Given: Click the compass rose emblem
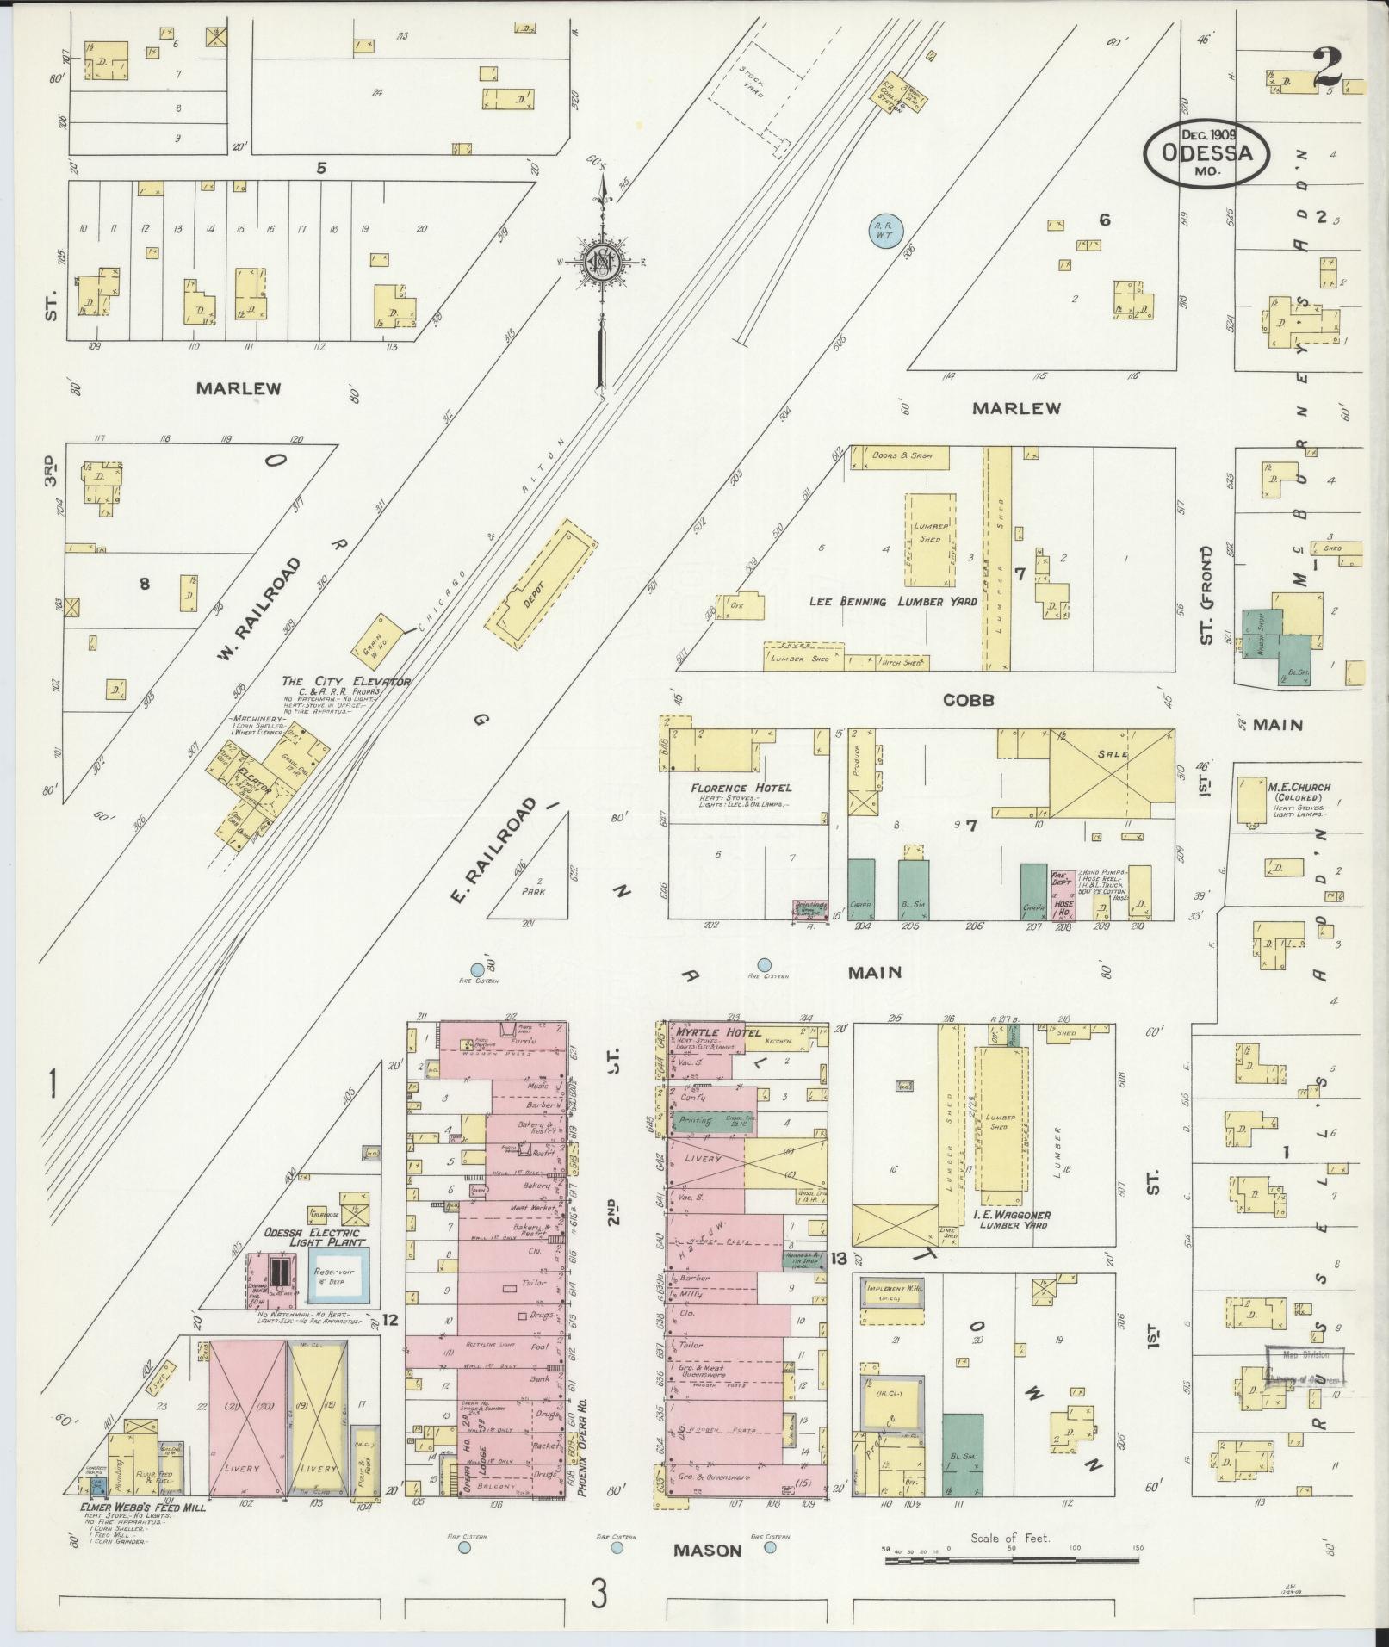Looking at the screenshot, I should click(600, 263).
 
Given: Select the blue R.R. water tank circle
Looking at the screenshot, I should click(883, 231).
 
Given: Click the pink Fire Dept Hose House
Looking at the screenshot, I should click(1063, 895).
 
